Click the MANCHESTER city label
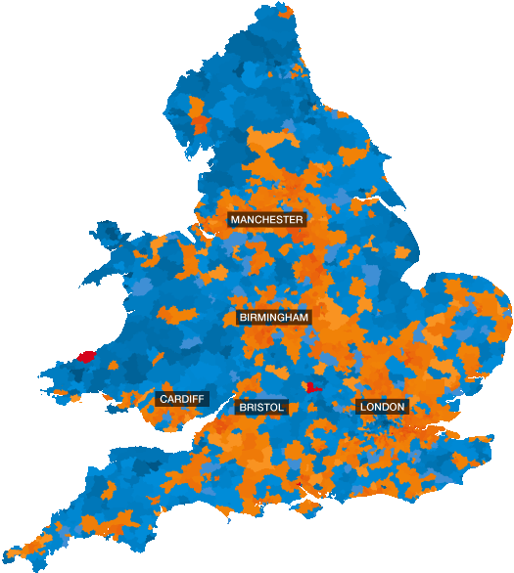click(266, 220)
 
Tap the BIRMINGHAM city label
click(274, 318)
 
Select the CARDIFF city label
click(181, 399)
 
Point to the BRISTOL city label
click(260, 407)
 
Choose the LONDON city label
click(383, 407)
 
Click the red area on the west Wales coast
click(86, 357)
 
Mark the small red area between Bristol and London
click(313, 387)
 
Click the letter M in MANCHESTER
click(235, 220)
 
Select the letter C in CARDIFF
click(163, 399)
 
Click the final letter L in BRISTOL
click(280, 407)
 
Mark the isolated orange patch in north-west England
click(201, 124)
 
